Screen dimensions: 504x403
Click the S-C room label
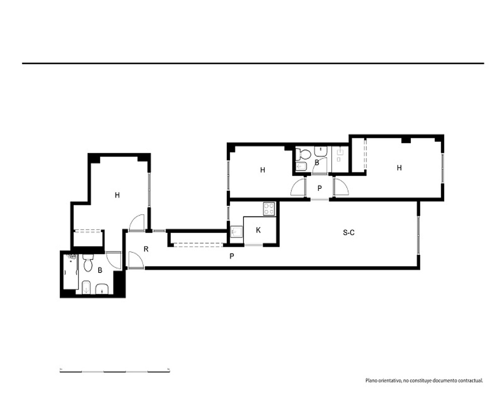(x=348, y=232)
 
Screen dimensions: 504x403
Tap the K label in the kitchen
(x=258, y=230)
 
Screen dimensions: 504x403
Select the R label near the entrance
(x=146, y=249)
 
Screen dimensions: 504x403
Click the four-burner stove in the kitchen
(x=269, y=209)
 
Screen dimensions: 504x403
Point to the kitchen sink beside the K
(x=236, y=231)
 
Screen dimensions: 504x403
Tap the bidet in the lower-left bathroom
(x=86, y=287)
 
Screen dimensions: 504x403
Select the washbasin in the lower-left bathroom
(x=102, y=289)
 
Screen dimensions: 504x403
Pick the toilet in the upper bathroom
(x=303, y=153)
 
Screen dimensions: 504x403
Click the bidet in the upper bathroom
(x=301, y=167)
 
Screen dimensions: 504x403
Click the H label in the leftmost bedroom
(x=117, y=195)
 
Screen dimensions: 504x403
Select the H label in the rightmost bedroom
(x=399, y=168)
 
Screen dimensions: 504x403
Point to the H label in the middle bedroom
(x=263, y=170)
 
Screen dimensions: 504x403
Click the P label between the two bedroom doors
(x=320, y=188)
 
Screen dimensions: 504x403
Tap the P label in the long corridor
(x=232, y=256)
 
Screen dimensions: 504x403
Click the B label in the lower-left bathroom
(x=100, y=271)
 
